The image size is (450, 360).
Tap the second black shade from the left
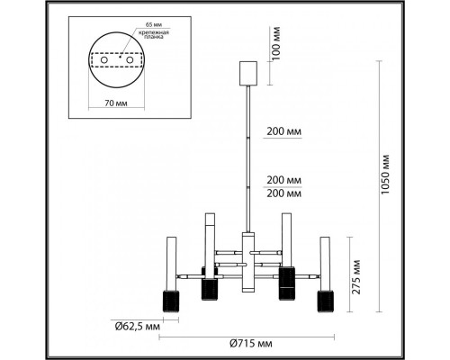(x=209, y=290)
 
